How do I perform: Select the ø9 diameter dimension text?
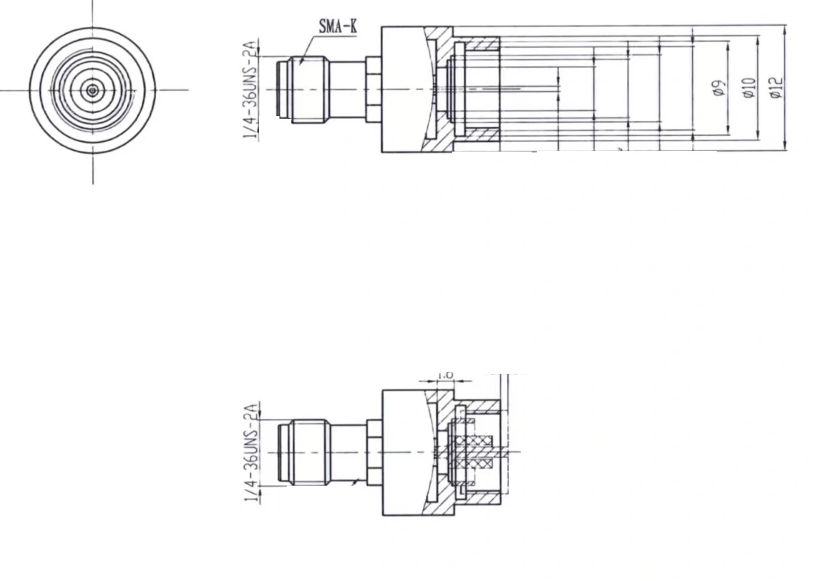pyautogui.click(x=716, y=89)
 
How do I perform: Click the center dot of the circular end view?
pyautogui.click(x=92, y=90)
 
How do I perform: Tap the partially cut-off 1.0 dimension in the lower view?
pyautogui.click(x=445, y=376)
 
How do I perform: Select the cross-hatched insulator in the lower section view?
pyautogui.click(x=474, y=452)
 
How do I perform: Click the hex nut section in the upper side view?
pyautogui.click(x=373, y=89)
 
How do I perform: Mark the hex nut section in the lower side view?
pyautogui.click(x=373, y=452)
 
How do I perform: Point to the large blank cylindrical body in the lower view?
pyautogui.click(x=405, y=452)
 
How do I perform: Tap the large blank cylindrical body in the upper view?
pyautogui.click(x=405, y=89)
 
